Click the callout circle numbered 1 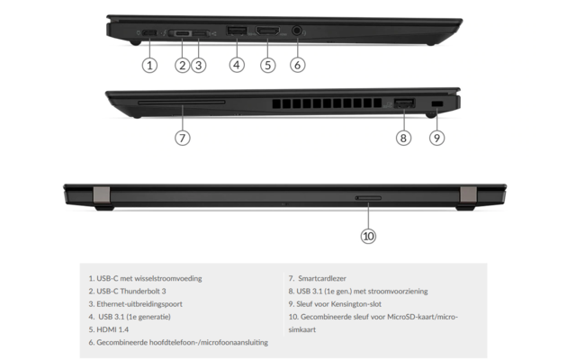point(150,65)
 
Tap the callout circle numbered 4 point(237,65)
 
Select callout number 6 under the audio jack point(298,65)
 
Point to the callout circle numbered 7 point(182,138)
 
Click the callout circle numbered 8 point(403,138)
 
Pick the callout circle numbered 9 point(436,138)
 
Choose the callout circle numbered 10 point(368,236)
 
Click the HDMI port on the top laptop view point(267,32)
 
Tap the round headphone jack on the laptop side point(298,32)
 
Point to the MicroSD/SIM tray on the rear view point(368,195)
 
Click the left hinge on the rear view point(101,194)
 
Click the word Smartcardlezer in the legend point(326,279)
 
